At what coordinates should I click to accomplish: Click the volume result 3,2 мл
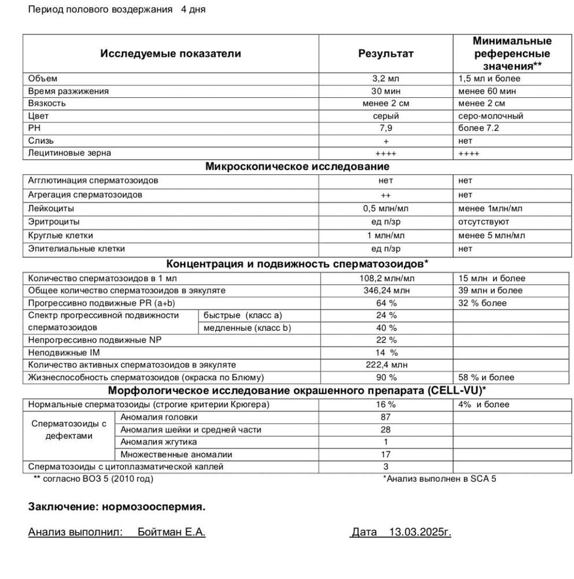385,79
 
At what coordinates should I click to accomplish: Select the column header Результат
385,54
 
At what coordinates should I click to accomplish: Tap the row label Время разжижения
68,91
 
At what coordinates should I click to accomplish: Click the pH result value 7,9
385,128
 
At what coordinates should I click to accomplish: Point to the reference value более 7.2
478,128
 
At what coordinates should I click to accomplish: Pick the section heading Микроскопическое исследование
297,167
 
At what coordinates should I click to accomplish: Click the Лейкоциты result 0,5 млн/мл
385,208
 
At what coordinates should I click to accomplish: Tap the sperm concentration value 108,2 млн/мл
385,278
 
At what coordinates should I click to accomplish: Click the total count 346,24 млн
385,291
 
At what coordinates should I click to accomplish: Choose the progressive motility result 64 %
385,303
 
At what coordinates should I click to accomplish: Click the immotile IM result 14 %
385,353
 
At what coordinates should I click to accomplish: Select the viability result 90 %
385,378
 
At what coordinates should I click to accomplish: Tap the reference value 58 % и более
486,378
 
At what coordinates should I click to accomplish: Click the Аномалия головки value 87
385,417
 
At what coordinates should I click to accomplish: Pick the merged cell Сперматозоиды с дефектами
69,430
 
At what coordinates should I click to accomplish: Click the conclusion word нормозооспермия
153,507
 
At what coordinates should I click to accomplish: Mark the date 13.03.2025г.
420,532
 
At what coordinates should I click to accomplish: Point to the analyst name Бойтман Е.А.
171,532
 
